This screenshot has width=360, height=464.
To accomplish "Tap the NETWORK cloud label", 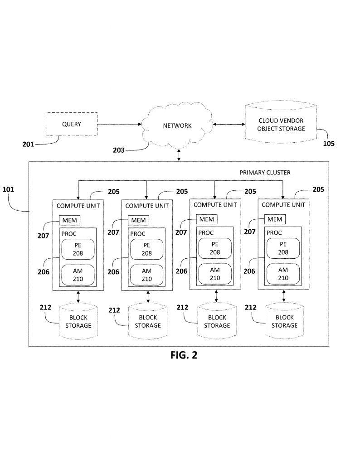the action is (177, 126).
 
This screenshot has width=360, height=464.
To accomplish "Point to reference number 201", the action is (28, 144).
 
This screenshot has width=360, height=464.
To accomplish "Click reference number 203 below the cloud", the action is (119, 150).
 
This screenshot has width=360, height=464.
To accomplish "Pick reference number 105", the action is (329, 144).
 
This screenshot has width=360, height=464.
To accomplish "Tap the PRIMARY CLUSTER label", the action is (265, 173).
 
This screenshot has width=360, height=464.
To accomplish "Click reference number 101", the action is (8, 189).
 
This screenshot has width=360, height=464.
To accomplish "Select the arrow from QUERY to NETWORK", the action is (119, 124).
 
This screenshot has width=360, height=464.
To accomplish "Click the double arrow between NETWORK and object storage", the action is (229, 124).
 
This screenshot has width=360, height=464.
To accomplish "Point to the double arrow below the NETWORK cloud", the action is (179, 155).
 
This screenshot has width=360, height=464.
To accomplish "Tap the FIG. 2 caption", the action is (184, 355).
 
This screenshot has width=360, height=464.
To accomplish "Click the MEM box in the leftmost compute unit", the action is (69, 221).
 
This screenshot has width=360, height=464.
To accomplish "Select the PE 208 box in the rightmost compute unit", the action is (283, 248).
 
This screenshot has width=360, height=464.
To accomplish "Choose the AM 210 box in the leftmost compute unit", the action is (78, 275).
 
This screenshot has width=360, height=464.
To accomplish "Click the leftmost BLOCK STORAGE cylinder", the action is (78, 321).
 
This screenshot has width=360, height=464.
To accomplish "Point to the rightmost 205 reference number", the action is (318, 189).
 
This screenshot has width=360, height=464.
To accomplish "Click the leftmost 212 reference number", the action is (46, 308).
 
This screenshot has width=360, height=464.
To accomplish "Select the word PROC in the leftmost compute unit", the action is (69, 234).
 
